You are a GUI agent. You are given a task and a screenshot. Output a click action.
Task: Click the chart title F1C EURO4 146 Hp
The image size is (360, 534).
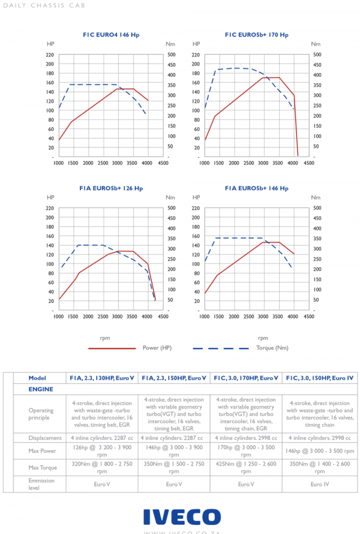[110, 35]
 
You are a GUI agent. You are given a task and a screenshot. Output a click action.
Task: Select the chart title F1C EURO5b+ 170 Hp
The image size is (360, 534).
[257, 35]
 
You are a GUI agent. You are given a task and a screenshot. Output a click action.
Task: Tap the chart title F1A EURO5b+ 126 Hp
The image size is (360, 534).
[111, 188]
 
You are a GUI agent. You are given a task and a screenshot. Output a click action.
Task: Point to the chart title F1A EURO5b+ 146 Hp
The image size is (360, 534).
[257, 188]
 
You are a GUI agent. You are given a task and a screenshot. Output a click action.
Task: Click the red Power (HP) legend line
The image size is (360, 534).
[112, 348]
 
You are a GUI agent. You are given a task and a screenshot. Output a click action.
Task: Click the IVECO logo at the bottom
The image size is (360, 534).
[182, 517]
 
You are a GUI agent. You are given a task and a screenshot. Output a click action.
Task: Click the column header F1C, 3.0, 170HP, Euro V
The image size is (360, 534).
[245, 378]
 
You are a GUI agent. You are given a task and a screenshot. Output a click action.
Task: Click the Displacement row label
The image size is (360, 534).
[44, 438]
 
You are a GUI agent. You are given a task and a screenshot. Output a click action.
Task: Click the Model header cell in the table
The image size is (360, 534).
[37, 378]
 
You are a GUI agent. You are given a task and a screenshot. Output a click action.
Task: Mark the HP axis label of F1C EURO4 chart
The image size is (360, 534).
[50, 44]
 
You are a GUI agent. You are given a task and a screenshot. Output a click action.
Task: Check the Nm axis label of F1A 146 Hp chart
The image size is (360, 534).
[316, 197]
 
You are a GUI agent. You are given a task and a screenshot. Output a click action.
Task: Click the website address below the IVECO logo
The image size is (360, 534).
[182, 531]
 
